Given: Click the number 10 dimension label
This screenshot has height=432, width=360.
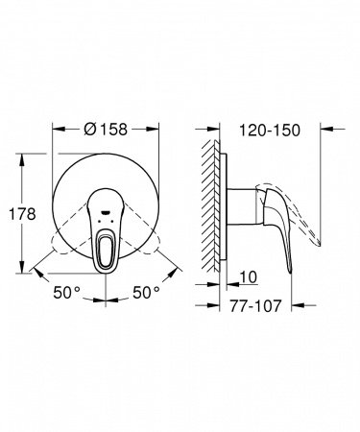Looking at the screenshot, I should (x=248, y=277).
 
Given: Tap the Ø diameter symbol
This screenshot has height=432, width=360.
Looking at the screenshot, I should (x=87, y=127).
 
